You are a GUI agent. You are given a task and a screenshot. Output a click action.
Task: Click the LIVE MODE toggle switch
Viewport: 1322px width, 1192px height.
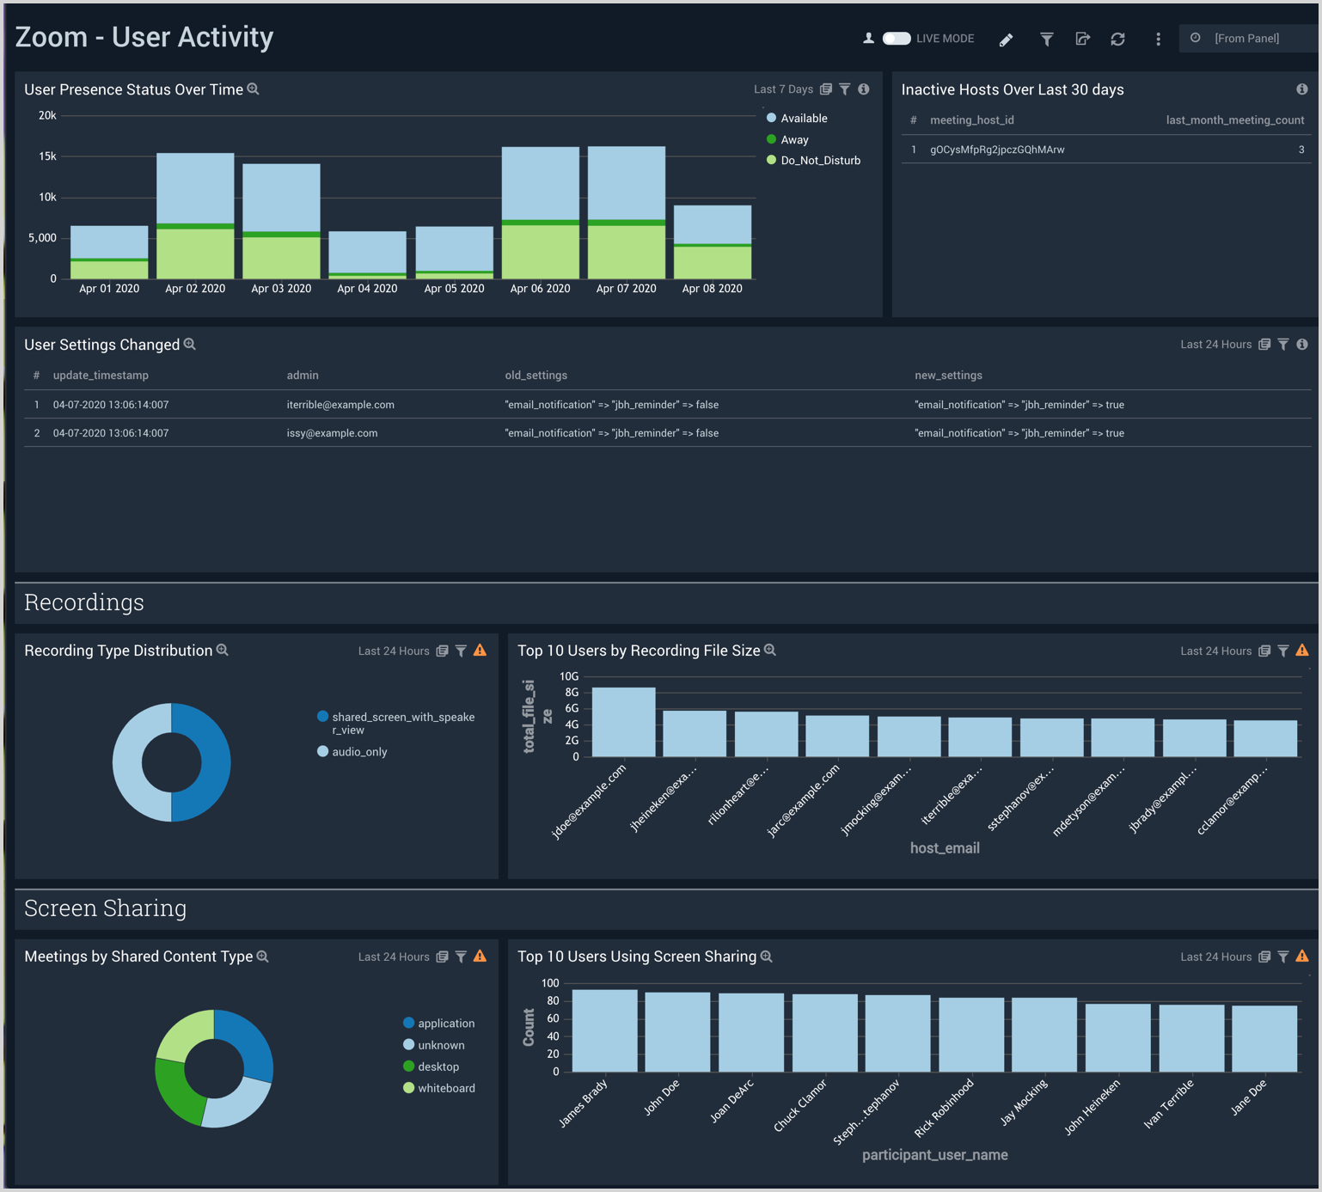coord(897,39)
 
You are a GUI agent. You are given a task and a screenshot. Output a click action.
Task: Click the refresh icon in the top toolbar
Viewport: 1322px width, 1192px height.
coord(1117,40)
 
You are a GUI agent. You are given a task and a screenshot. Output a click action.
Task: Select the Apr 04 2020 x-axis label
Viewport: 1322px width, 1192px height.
coord(367,289)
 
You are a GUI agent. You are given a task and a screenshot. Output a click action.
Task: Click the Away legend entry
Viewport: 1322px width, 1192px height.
coord(793,140)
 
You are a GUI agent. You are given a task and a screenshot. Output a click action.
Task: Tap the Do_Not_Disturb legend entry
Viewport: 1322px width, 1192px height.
coord(819,161)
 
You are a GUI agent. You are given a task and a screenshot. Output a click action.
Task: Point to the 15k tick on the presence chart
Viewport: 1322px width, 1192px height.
coord(47,156)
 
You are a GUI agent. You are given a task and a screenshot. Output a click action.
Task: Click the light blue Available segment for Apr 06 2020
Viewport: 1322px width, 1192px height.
coord(540,183)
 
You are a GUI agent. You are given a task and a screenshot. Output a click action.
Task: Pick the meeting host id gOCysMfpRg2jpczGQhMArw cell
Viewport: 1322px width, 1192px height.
coord(997,150)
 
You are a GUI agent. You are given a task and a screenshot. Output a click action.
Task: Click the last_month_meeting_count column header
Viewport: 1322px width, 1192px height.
coord(1234,120)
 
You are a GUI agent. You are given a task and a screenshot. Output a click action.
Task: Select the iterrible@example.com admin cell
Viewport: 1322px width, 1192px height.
coord(340,405)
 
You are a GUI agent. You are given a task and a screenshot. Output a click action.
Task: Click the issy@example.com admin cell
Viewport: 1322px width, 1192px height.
coord(332,433)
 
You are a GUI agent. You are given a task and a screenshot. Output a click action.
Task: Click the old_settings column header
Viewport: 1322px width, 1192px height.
coord(536,376)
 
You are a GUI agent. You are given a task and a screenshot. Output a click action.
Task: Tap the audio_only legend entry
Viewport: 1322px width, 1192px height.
coord(358,752)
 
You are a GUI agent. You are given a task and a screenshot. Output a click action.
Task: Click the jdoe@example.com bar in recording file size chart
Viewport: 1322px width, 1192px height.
coord(623,722)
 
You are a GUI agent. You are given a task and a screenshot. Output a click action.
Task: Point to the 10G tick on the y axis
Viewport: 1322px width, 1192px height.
coord(569,676)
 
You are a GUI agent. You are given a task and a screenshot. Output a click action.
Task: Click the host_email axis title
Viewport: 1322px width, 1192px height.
coord(944,848)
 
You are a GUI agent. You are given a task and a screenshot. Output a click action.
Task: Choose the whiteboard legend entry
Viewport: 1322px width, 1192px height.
coord(445,1088)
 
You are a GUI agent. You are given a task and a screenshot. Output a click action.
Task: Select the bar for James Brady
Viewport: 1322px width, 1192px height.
coord(604,1030)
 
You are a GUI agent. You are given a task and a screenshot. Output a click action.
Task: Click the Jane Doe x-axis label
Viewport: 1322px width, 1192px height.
coord(1249,1097)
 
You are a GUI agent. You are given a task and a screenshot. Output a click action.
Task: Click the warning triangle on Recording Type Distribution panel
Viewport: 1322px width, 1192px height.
coord(480,651)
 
